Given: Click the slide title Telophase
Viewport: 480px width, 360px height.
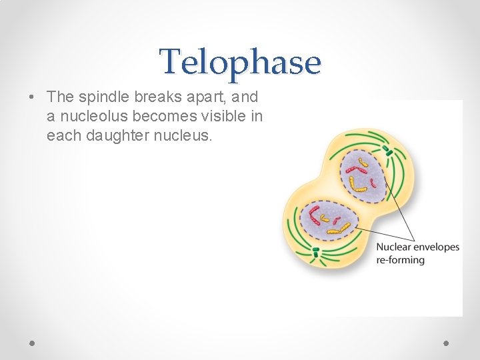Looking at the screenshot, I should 240,62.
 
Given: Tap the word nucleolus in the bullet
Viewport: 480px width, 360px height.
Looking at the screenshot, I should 91,117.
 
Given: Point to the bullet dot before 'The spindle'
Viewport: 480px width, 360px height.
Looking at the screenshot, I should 32,97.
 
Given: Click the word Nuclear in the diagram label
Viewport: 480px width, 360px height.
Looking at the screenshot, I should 395,247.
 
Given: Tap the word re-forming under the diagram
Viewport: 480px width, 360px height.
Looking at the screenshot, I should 401,259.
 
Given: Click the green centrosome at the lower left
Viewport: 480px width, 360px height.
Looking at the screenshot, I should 316,252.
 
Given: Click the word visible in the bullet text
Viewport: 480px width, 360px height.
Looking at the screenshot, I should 223,117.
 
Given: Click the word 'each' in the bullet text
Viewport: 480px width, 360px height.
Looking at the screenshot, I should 61,137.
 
